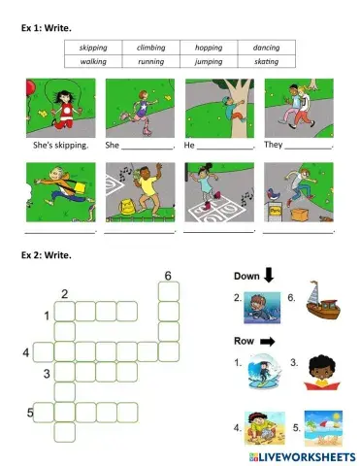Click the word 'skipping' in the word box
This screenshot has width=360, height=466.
pyautogui.click(x=93, y=48)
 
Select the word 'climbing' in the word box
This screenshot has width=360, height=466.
pyautogui.click(x=150, y=48)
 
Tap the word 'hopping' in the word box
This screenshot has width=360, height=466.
pyautogui.click(x=208, y=48)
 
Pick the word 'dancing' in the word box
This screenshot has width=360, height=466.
pyautogui.click(x=265, y=48)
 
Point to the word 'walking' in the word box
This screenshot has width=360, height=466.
pyautogui.click(x=93, y=61)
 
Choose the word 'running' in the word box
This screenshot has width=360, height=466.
pyautogui.click(x=150, y=61)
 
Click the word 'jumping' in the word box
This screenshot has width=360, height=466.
pyautogui.click(x=208, y=61)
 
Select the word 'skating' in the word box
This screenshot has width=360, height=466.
pyautogui.click(x=265, y=61)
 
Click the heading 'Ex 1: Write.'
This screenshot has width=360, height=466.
pyautogui.click(x=46, y=28)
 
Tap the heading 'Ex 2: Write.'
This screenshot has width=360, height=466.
pyautogui.click(x=46, y=254)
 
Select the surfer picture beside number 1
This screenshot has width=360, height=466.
pyautogui.click(x=263, y=372)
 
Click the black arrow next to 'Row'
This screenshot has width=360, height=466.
pyautogui.click(x=267, y=342)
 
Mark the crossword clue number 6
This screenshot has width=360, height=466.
pyautogui.click(x=168, y=277)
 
